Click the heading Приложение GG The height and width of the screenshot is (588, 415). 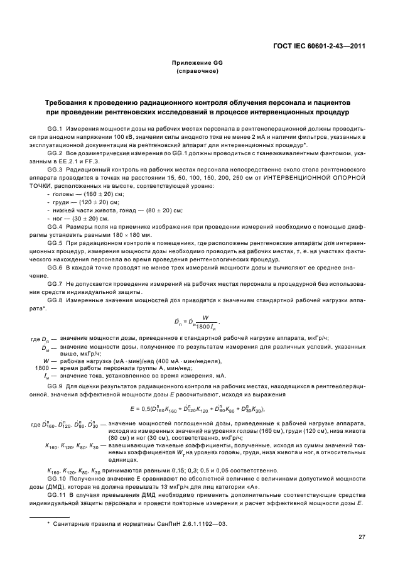point(198,63)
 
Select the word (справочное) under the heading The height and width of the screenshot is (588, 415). point(198,72)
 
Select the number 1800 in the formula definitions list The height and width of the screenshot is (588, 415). point(42,367)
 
